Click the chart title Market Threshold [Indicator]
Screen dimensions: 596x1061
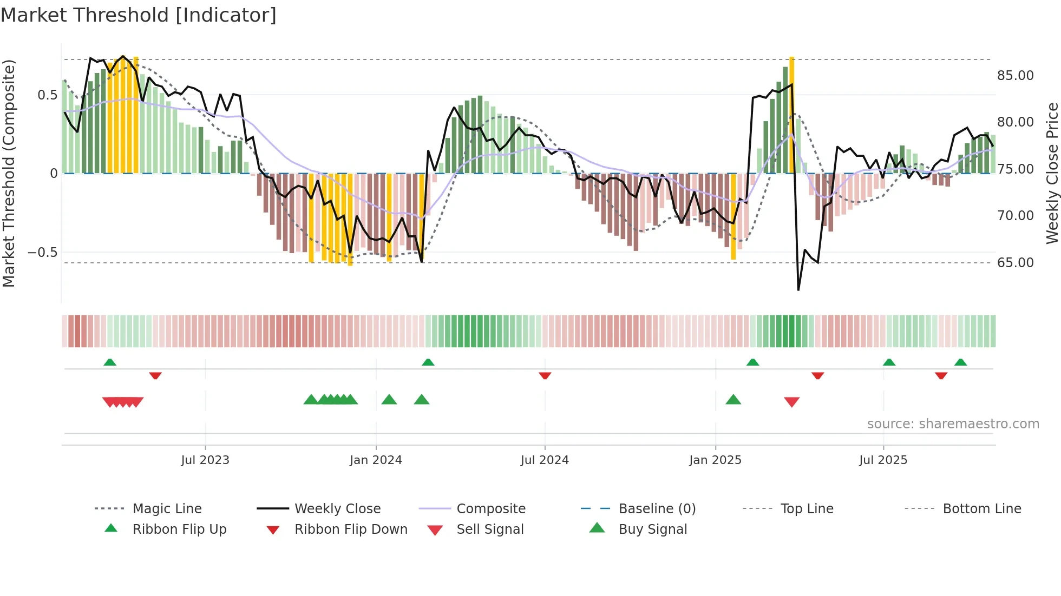pos(139,15)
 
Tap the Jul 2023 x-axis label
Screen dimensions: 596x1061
pos(205,460)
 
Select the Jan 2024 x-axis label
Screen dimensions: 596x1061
pos(376,460)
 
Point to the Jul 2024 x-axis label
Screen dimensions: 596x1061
pos(545,460)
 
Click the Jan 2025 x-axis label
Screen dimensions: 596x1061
pos(715,460)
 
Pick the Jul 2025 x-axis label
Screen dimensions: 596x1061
pos(883,460)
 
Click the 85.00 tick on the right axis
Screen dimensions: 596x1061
pos(1015,76)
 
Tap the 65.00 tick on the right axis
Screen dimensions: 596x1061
pos(1015,263)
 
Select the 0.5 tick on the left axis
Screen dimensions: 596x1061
pos(48,95)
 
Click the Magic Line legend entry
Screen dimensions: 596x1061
pos(167,509)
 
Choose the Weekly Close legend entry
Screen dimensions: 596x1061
pos(337,509)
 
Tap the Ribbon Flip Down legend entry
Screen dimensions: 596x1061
pos(351,529)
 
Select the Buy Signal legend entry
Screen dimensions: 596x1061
pos(652,529)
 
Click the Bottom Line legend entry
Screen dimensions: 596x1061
pos(981,509)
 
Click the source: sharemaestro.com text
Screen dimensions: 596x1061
pos(953,424)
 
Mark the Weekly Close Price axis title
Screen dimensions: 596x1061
pos(1052,173)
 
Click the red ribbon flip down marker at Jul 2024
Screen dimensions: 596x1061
pos(545,375)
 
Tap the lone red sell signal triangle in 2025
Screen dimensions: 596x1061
pos(791,402)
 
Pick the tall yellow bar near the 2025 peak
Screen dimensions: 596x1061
pos(791,115)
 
